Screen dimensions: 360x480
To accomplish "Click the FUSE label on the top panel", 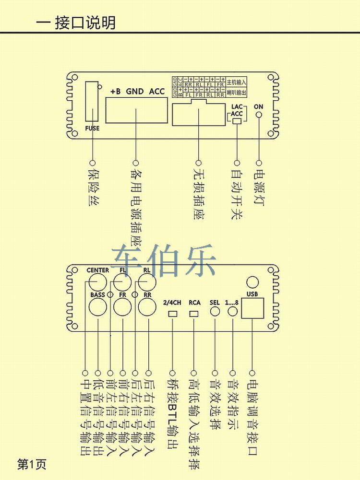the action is tap(92, 128).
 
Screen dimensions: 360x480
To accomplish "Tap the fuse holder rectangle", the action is tap(92, 101).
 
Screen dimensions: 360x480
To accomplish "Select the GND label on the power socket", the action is tap(135, 91).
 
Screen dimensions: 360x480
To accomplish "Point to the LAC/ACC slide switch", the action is tap(236, 121).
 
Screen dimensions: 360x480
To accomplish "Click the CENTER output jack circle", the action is tap(97, 281).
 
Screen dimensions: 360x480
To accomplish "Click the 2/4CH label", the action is tap(172, 303).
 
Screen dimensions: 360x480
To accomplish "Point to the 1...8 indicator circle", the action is tap(233, 312).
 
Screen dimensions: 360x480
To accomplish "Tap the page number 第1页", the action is tap(32, 464).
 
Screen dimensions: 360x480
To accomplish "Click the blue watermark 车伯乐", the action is tap(164, 262).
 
